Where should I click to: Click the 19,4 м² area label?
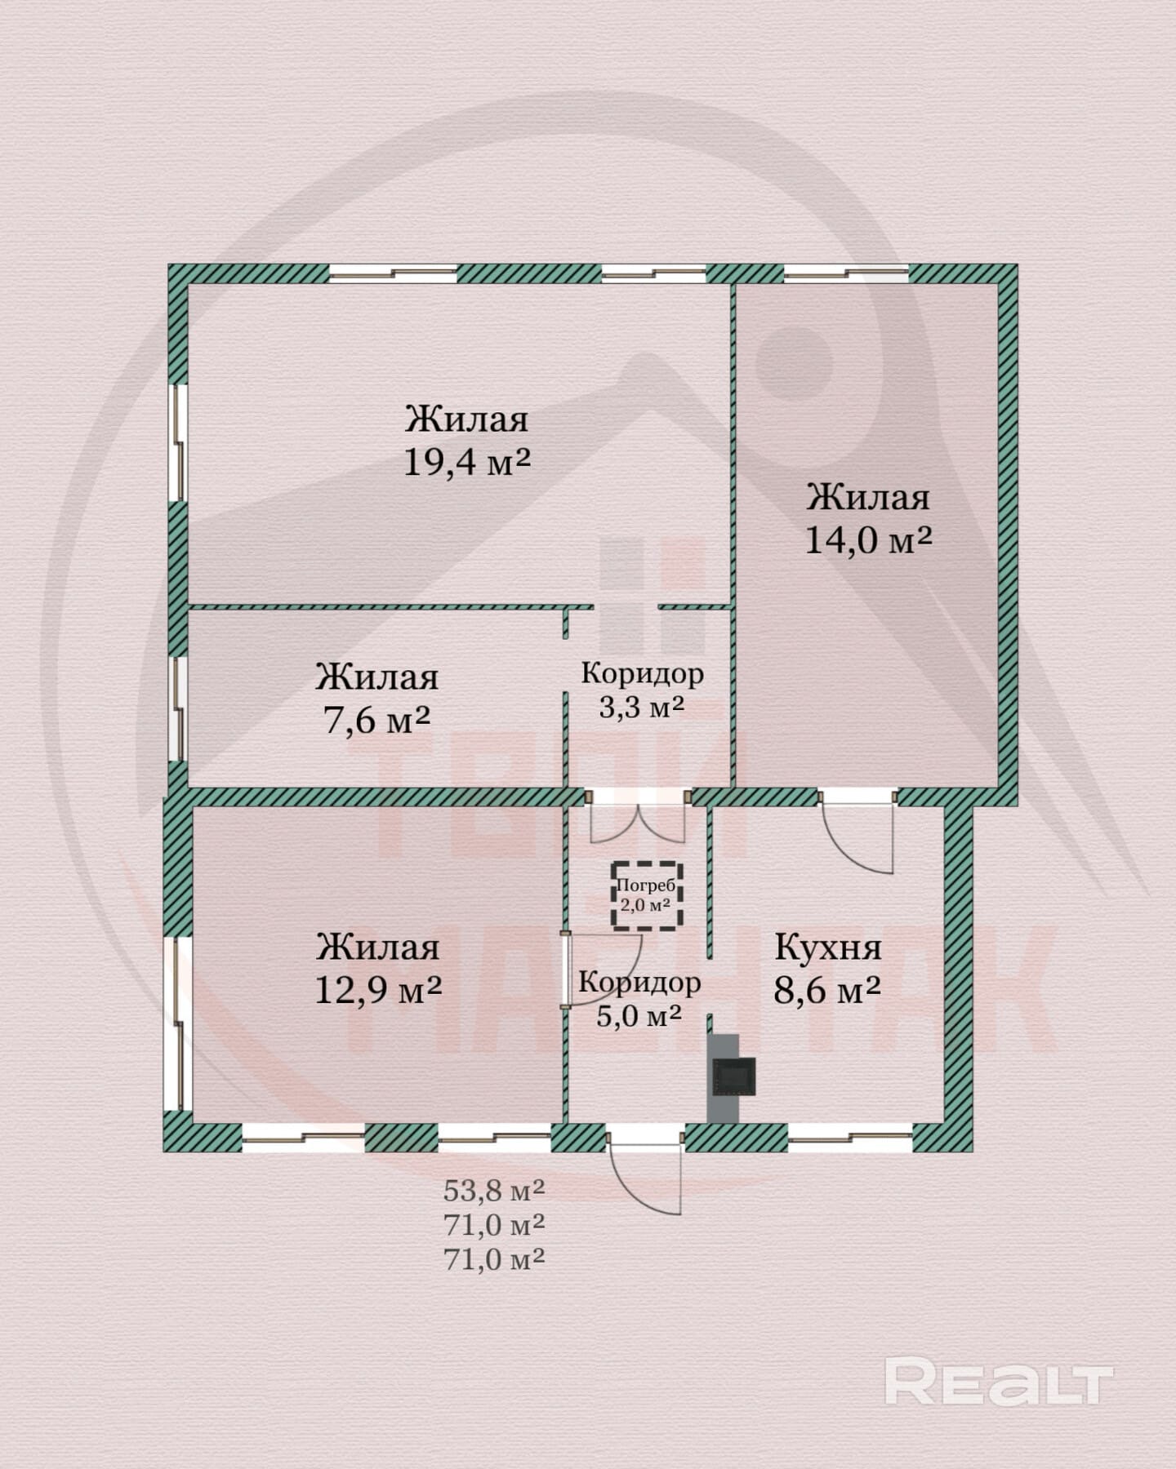click(467, 463)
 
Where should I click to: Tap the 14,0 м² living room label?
click(869, 539)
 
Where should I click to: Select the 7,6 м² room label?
click(377, 719)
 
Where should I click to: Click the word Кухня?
click(827, 948)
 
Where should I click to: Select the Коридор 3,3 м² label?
click(642, 690)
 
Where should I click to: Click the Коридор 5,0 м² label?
click(639, 999)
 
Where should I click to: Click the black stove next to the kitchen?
click(735, 1076)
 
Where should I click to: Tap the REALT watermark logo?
click(999, 1379)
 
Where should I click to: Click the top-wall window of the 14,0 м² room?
click(846, 273)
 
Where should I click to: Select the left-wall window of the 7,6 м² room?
click(177, 710)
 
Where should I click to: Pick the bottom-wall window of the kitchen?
click(849, 1137)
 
